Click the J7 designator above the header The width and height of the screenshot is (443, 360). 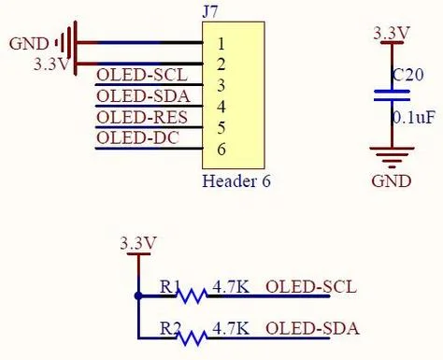click(209, 12)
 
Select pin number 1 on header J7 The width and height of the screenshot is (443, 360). click(221, 44)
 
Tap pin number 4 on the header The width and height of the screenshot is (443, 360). click(221, 107)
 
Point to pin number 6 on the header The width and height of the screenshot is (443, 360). click(221, 149)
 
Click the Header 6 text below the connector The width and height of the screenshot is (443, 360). click(236, 181)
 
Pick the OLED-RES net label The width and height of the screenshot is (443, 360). click(142, 118)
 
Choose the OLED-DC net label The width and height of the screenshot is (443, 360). click(138, 137)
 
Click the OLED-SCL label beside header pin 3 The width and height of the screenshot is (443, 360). click(142, 75)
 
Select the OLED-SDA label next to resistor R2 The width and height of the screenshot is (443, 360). click(312, 328)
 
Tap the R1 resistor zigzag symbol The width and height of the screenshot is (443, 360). click(192, 295)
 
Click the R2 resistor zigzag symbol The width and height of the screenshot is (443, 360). click(192, 338)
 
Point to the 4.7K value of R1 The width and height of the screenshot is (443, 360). click(231, 287)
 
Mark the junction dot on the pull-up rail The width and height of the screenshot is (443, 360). click(138, 296)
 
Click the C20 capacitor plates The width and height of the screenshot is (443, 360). click(392, 95)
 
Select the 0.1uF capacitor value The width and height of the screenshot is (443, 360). click(412, 118)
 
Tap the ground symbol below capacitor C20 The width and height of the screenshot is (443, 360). click(392, 157)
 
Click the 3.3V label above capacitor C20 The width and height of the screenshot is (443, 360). click(392, 34)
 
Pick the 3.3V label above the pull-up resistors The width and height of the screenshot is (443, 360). click(138, 243)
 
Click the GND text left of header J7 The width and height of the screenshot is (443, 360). click(29, 44)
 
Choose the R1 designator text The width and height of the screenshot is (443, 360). click(169, 287)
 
